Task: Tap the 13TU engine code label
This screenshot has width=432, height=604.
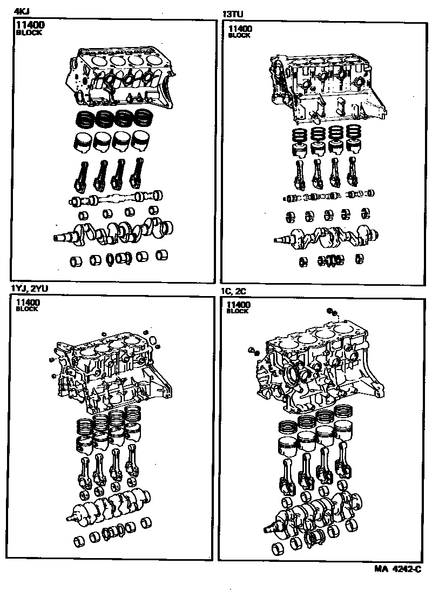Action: coord(233,15)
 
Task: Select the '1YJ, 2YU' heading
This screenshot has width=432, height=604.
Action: coord(29,288)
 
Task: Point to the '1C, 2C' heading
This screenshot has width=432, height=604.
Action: coord(233,291)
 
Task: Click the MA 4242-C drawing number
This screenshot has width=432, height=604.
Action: coord(398,569)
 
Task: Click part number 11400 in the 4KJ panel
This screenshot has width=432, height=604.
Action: coord(30,25)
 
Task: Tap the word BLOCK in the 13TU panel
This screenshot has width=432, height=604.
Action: coord(239,36)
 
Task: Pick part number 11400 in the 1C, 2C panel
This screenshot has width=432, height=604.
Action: coord(239,305)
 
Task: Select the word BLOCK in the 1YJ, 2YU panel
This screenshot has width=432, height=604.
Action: coord(27,309)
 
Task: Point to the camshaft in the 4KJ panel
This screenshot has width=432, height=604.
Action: coord(116,197)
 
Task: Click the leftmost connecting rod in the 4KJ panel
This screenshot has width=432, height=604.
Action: coord(82,177)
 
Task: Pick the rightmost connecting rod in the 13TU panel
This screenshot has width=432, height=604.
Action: coord(352,171)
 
